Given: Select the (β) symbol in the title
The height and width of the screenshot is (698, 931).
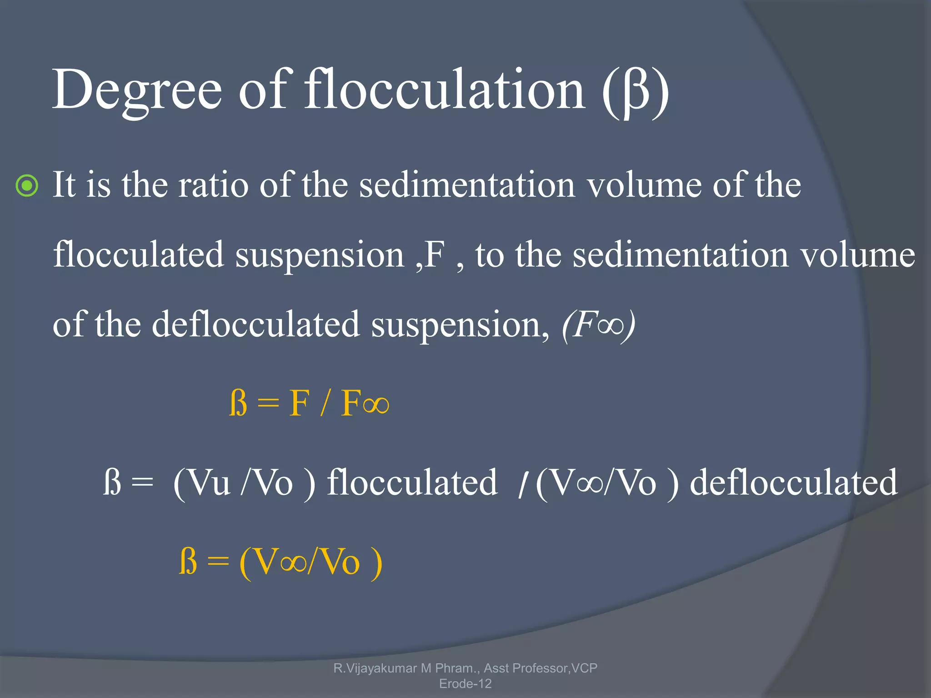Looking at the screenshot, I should (x=636, y=91).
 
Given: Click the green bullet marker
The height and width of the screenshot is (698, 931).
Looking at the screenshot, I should (x=27, y=186).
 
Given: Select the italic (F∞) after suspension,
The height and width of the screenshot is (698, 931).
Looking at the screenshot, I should (x=598, y=324).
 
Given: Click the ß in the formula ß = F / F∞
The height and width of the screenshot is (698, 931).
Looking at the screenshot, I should (x=238, y=403).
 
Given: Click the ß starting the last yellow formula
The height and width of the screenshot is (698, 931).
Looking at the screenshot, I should (x=188, y=562).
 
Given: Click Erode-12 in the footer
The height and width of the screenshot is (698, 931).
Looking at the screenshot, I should (x=465, y=683).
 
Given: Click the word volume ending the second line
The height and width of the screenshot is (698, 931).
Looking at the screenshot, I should (x=857, y=254).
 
